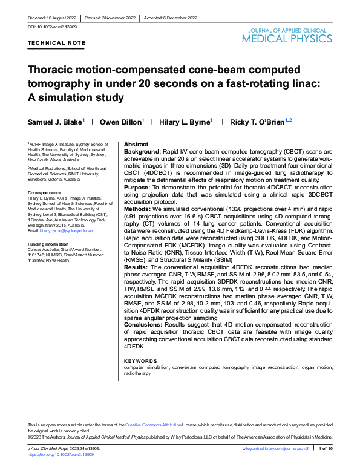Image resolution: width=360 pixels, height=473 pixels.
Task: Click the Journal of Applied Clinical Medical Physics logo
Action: coord(287,36)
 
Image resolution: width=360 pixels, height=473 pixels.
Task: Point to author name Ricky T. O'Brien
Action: coord(256,122)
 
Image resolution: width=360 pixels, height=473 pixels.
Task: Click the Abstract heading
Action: coord(136,145)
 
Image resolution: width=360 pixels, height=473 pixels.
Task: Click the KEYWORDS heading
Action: coord(140,361)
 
